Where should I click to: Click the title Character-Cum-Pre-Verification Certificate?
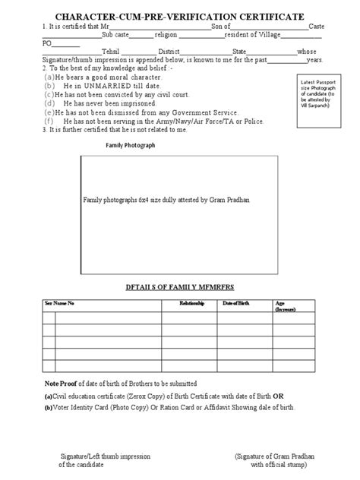pyautogui.click(x=180, y=15)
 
